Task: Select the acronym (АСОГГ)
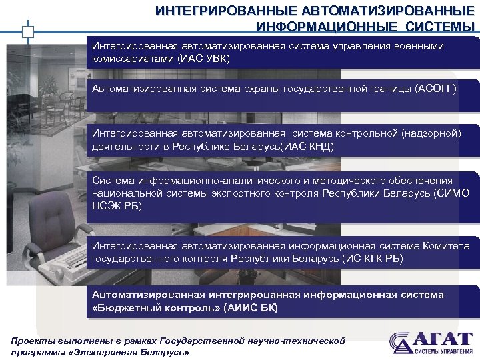point(436,88)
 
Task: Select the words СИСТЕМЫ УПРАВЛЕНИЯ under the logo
point(443,352)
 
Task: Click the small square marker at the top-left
point(27,31)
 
